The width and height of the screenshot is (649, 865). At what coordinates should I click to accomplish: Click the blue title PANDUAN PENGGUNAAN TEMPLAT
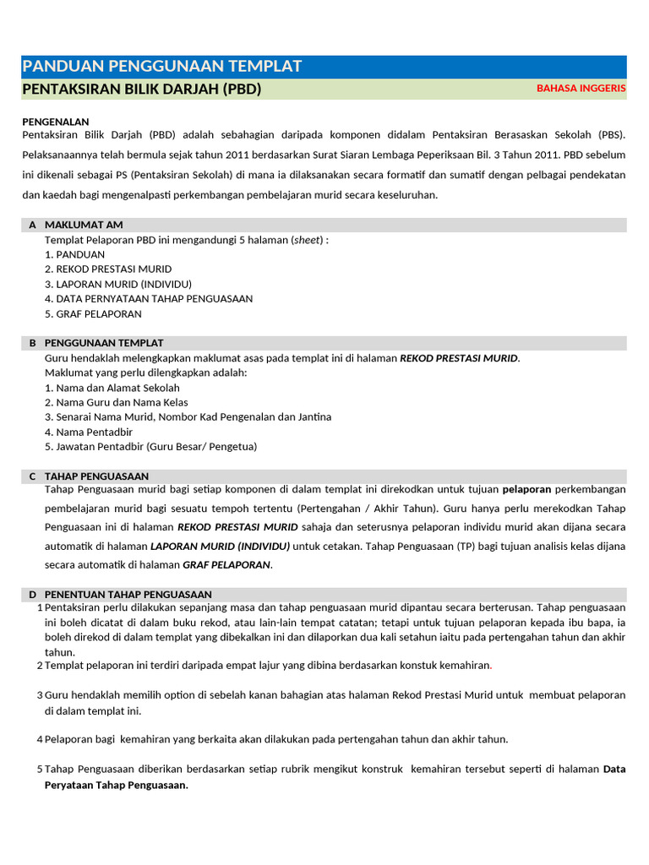[x=161, y=67]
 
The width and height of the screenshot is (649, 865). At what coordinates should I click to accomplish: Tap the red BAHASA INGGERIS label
[x=581, y=88]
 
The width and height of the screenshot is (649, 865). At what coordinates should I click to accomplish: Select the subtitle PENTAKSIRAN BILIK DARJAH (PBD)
[x=141, y=89]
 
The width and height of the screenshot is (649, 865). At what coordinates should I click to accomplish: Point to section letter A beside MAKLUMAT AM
[x=32, y=225]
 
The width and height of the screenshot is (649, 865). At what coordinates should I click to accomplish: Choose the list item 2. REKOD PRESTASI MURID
[x=108, y=269]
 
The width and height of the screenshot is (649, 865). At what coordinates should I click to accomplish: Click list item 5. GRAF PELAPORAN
[x=93, y=313]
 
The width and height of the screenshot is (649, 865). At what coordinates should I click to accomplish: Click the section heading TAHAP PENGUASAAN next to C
[x=96, y=476]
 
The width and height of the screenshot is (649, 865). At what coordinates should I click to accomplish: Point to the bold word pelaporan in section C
[x=526, y=489]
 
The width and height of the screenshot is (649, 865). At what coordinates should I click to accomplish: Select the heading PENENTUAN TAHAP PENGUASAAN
[x=128, y=595]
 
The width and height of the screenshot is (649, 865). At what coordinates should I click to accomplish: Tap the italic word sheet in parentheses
[x=308, y=239]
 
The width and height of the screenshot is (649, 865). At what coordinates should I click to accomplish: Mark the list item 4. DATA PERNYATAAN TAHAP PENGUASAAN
[x=149, y=298]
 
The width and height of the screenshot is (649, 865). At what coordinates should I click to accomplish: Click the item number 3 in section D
[x=40, y=695]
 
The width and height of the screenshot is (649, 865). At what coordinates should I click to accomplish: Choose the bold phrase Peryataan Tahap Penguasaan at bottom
[x=116, y=785]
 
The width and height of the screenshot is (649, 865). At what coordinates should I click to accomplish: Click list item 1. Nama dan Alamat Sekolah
[x=112, y=388]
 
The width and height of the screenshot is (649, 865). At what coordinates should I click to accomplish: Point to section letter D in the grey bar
[x=32, y=595]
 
